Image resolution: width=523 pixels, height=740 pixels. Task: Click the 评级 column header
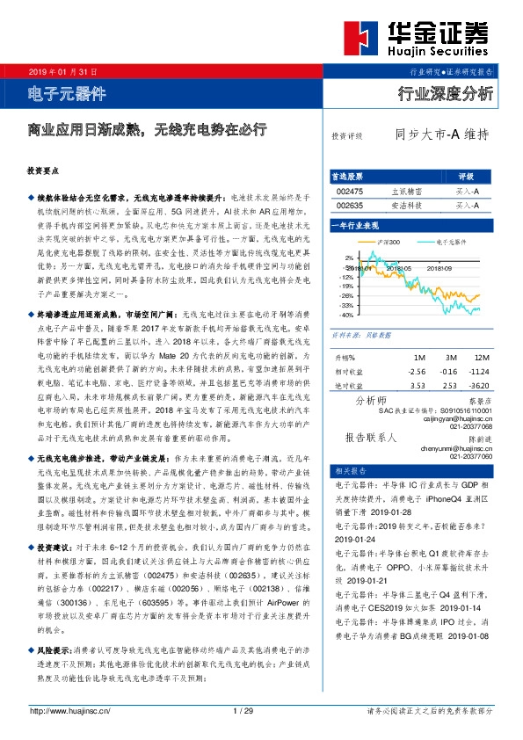point(466,175)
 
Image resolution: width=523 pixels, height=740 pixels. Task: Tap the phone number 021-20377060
point(471,458)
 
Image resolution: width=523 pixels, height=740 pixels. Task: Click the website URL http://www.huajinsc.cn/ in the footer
point(69,710)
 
